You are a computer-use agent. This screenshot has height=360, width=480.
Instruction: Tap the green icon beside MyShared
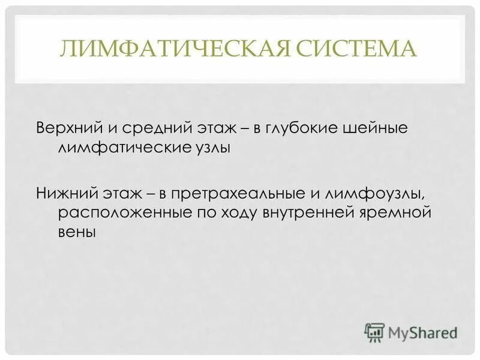coord(374,331)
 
